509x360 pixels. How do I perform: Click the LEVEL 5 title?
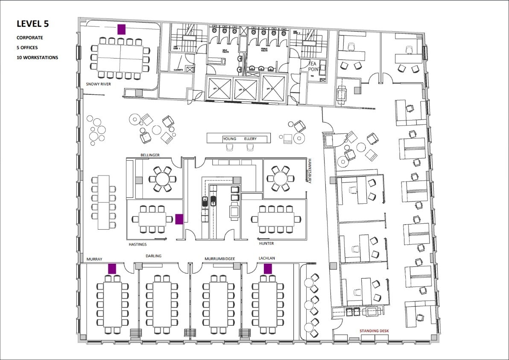coord(32,24)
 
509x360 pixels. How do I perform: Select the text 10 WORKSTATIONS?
coord(37,57)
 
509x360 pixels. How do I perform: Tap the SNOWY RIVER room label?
coord(99,84)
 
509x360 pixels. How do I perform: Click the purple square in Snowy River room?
coord(121,29)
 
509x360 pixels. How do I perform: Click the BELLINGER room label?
coord(150,154)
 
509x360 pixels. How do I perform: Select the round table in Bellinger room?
coord(162,177)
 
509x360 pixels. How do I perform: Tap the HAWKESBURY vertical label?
coord(310,171)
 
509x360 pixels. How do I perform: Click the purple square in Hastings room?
coord(179,219)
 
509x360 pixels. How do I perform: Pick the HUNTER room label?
coord(266,243)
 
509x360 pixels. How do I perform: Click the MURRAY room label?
coord(94,259)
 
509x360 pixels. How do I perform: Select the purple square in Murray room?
coord(112,269)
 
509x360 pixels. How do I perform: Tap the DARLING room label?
coord(153,256)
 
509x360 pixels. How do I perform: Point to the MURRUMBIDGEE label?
coord(219,259)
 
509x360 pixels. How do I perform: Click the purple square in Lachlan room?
coord(268,269)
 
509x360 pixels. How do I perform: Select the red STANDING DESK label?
coord(374,331)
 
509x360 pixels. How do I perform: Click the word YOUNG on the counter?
coord(229,139)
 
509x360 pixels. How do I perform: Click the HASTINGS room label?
coord(138,245)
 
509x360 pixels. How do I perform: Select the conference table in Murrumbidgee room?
coord(218,304)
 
